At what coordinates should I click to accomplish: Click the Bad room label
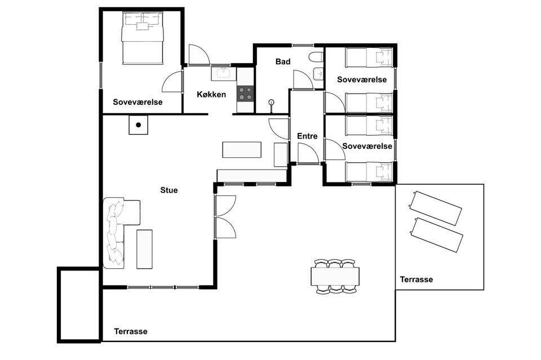coord(283,62)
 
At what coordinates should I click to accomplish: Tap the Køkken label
coord(211,95)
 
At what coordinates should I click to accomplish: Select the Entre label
coord(307,136)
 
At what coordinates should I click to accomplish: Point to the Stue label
coord(169,190)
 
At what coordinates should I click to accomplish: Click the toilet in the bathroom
coord(316,57)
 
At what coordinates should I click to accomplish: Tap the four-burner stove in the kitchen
coord(245,94)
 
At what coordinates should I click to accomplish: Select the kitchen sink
coord(224,74)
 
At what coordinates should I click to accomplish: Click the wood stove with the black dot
coord(139,125)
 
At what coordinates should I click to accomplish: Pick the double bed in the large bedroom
coord(142,38)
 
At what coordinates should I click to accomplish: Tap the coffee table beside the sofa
coord(145,249)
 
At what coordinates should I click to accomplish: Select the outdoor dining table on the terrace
coord(335,277)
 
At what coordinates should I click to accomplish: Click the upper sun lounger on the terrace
coord(435,208)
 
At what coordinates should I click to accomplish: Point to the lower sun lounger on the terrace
coord(436,235)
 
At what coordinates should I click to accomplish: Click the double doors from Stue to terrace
coord(225,216)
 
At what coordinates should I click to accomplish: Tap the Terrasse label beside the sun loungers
coord(416,279)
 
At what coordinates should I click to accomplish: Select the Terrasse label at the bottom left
coord(131,331)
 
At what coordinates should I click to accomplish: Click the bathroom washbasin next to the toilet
coord(318,73)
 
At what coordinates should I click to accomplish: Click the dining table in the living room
coord(242,150)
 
